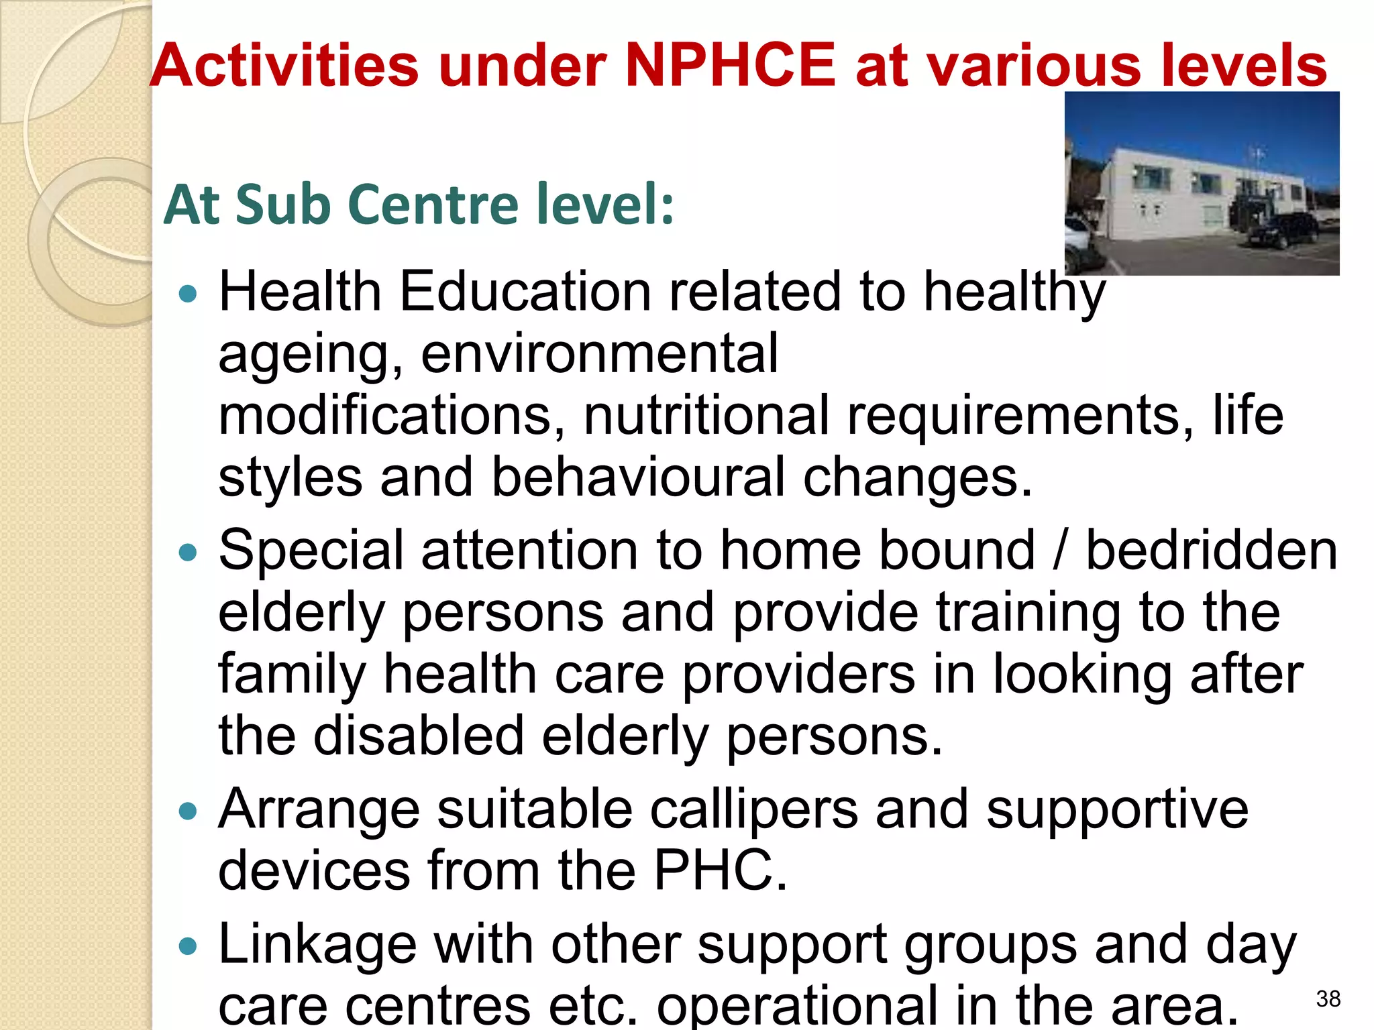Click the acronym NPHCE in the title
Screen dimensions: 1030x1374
730,65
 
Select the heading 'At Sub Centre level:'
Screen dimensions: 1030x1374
419,205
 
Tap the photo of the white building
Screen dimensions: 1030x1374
1202,183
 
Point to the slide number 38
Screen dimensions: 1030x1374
1328,999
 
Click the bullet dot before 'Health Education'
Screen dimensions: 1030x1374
189,294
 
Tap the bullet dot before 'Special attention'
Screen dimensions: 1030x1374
189,553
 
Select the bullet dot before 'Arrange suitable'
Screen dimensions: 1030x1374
189,811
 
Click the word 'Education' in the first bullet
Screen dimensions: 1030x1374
525,292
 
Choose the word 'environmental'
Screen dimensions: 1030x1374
599,353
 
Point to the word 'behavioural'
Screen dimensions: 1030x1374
638,477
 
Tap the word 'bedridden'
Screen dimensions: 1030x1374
1211,551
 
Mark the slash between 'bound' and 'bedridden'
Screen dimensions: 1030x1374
1059,551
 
